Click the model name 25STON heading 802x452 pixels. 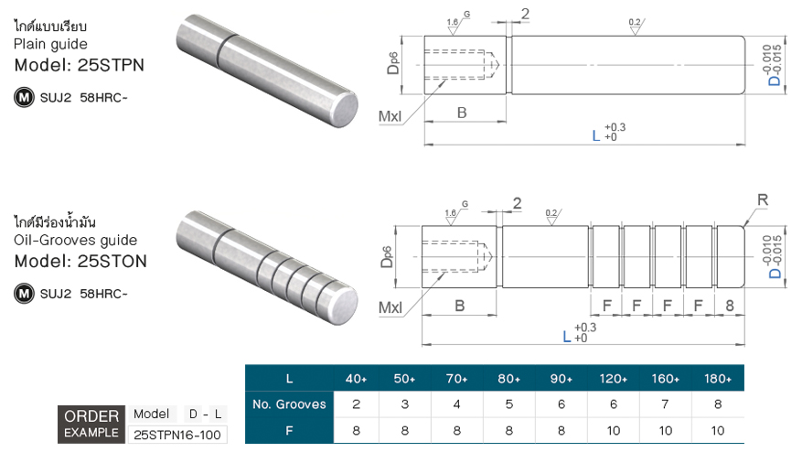(x=80, y=262)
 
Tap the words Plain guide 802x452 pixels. (x=50, y=44)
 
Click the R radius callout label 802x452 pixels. (x=763, y=199)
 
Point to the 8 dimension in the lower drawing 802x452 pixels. (x=730, y=306)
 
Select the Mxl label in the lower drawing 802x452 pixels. (x=390, y=307)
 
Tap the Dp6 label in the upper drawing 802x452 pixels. (x=392, y=61)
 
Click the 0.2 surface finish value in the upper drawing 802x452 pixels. (x=635, y=21)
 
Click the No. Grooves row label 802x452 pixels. (x=288, y=404)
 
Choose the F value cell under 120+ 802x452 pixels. (x=613, y=429)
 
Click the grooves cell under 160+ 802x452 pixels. (x=665, y=404)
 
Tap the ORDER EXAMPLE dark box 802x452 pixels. (x=91, y=424)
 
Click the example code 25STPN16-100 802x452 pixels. (x=179, y=435)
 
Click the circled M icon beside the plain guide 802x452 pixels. (x=23, y=95)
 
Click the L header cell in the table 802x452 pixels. (x=289, y=379)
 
